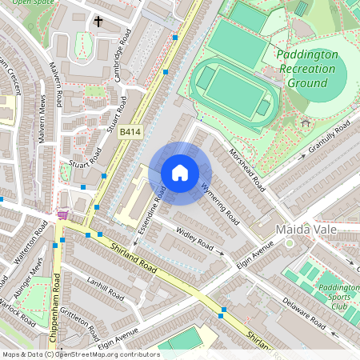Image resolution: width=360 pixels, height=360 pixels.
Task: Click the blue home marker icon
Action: click(180, 173)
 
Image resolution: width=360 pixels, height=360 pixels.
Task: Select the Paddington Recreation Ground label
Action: click(306, 69)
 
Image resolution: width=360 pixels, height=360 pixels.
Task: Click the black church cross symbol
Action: click(98, 22)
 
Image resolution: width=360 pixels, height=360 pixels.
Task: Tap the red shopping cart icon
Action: click(62, 214)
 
